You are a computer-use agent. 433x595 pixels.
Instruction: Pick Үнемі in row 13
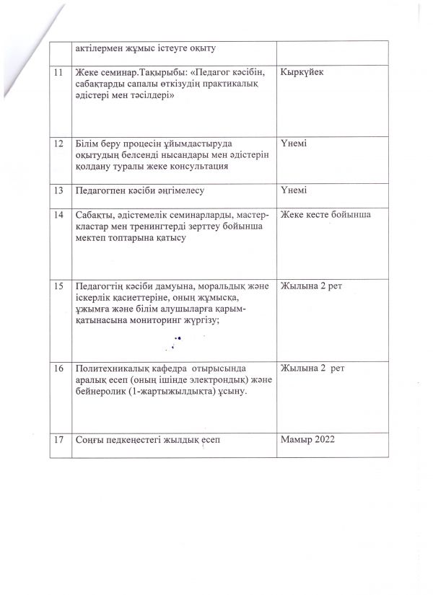294,190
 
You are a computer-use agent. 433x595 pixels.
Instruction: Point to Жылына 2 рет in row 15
311,287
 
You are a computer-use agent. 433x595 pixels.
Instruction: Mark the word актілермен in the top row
92,48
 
